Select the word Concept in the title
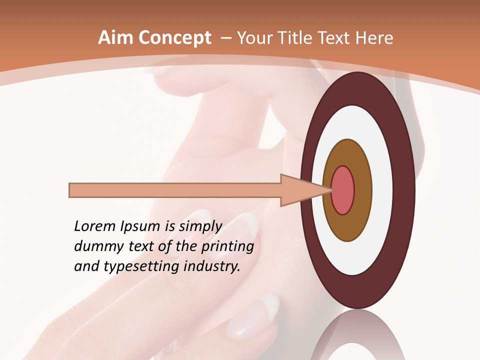click(174, 38)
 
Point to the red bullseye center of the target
click(343, 190)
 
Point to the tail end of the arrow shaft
click(71, 190)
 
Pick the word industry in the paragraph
click(211, 266)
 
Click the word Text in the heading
click(335, 38)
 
